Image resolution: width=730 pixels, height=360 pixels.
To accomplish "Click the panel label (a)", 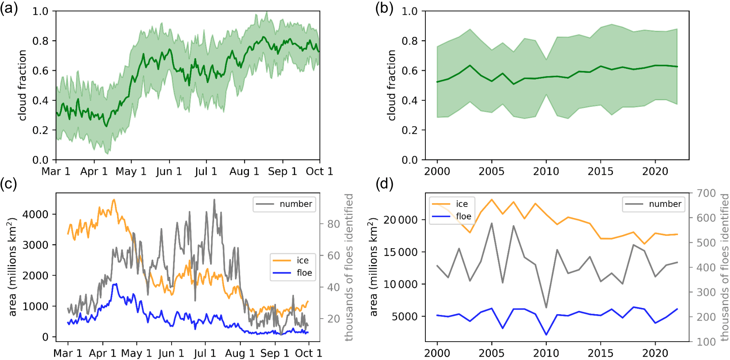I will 9,8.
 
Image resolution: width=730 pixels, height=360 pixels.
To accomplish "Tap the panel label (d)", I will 384,184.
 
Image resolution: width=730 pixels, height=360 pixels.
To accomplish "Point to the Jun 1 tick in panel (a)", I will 169,171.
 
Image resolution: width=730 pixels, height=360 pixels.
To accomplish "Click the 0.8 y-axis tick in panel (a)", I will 41,41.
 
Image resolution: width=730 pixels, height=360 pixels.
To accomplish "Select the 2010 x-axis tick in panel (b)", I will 546,171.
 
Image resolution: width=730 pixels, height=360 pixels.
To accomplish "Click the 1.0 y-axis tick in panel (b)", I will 409,11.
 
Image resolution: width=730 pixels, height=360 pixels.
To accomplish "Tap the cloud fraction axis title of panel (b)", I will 392,85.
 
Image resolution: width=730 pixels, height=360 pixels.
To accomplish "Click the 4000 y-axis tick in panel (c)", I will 35,214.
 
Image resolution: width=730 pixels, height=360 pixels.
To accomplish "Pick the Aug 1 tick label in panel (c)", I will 240,353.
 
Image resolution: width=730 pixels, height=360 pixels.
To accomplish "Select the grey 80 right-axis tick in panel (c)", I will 333,224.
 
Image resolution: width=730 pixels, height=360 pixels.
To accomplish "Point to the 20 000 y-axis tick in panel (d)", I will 400,220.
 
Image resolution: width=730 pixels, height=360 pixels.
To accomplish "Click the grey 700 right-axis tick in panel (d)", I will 706,193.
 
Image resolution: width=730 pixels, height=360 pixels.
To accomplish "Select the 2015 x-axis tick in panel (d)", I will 600,353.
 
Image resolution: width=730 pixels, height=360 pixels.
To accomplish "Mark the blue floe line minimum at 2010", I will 546,335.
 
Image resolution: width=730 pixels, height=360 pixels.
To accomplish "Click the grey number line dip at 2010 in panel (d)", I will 546,307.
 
